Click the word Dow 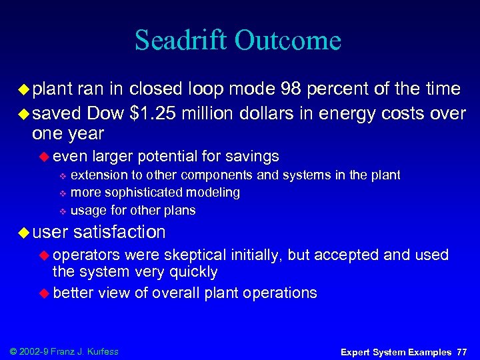(x=105, y=113)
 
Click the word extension (x=97, y=175)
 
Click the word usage (x=87, y=211)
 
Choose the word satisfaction (x=120, y=232)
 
